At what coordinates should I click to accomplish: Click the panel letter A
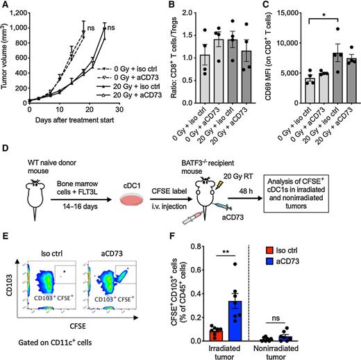(5, 5)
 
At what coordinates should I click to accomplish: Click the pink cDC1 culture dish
(131, 202)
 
